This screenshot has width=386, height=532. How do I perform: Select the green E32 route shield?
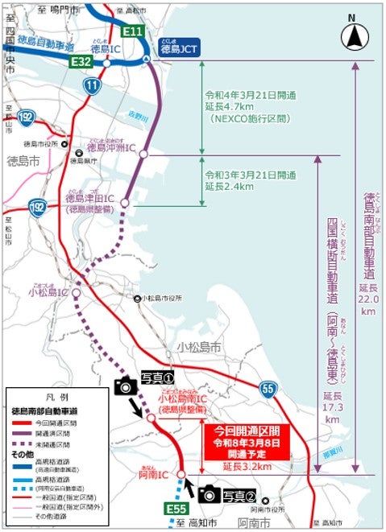[x=81, y=60]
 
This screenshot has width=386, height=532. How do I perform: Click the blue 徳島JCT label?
[x=180, y=47]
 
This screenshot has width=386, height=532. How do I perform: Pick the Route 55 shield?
[x=269, y=390]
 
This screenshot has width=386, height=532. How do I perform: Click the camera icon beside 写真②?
[x=209, y=493]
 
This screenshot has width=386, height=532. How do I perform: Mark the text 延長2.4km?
[x=230, y=185]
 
